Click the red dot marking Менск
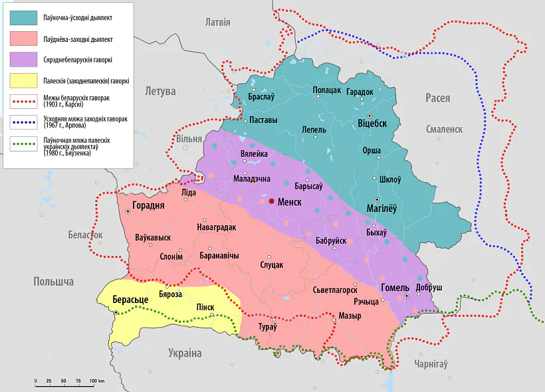[x=272, y=201]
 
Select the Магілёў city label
[x=381, y=209]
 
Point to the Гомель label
[x=395, y=288]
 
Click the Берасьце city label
[x=130, y=300]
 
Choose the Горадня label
[x=148, y=205]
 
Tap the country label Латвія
[x=217, y=22]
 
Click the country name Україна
[x=184, y=353]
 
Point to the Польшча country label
[x=53, y=282]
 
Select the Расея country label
[x=437, y=98]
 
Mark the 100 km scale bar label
[x=97, y=381]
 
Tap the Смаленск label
[x=444, y=130]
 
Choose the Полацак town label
[x=326, y=90]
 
